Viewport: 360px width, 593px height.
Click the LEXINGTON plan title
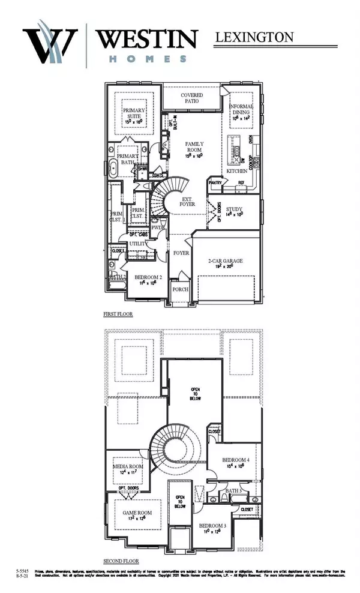(x=254, y=37)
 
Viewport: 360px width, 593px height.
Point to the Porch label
(x=181, y=289)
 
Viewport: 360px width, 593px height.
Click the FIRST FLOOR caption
(x=117, y=314)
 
